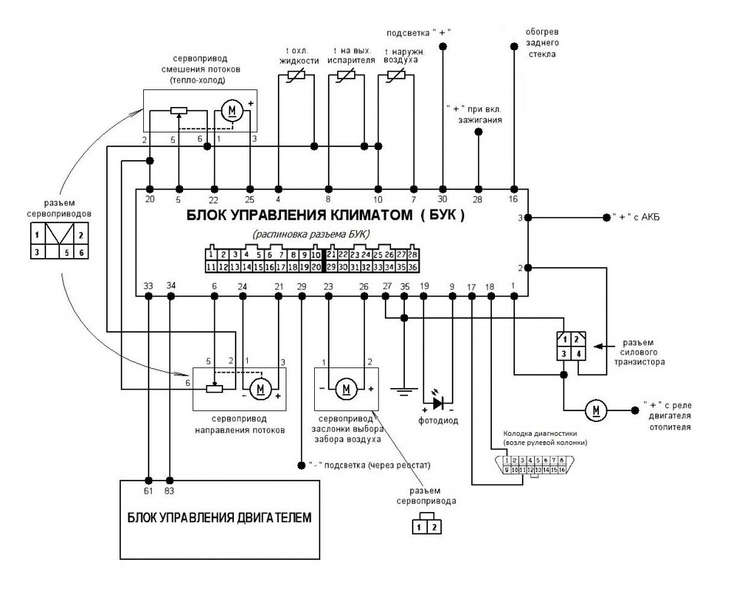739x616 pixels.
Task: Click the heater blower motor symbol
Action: click(x=596, y=411)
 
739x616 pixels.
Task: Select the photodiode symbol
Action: click(x=438, y=402)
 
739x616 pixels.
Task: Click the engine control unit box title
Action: click(x=219, y=518)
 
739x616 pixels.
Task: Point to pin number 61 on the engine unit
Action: click(x=149, y=490)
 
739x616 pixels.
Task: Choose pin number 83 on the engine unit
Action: click(x=169, y=490)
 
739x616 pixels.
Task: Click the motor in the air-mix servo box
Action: click(x=231, y=112)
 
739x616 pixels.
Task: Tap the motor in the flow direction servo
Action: click(x=260, y=388)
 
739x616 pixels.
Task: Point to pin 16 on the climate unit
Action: click(x=514, y=199)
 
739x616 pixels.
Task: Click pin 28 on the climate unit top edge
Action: click(x=478, y=199)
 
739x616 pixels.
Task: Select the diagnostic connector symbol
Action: click(x=535, y=464)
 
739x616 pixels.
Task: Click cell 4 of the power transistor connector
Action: click(x=579, y=353)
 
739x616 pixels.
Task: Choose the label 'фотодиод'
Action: click(x=439, y=421)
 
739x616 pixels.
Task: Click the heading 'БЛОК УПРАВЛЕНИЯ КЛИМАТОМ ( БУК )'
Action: click(x=326, y=216)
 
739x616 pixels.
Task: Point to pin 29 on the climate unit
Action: click(x=301, y=286)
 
